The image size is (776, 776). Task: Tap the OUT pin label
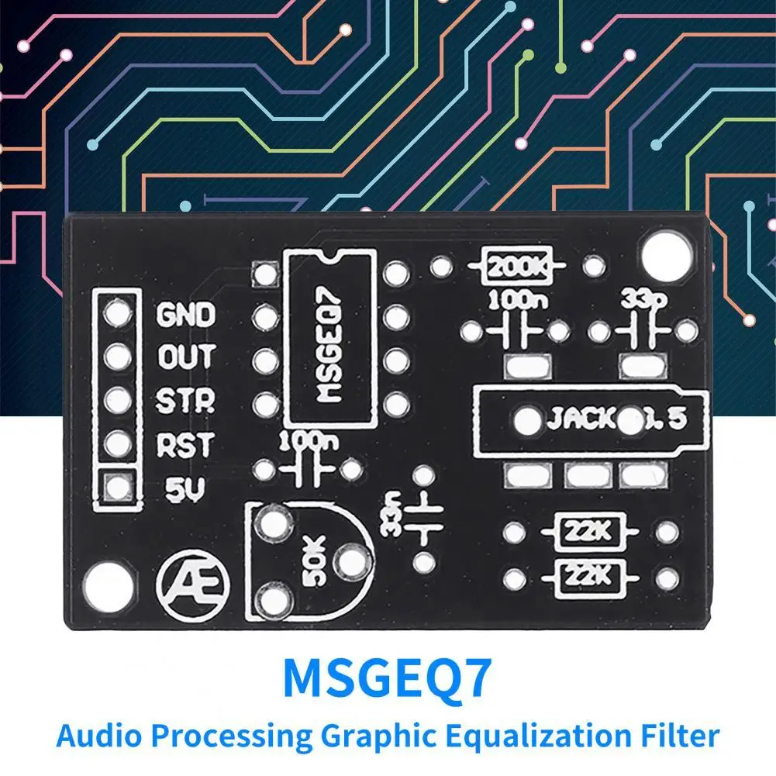tap(186, 357)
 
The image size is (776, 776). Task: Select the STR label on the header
tap(186, 401)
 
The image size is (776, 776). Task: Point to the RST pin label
tap(186, 444)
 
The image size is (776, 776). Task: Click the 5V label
tap(185, 488)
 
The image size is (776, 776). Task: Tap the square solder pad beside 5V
tap(118, 488)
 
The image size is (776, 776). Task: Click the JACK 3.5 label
tap(616, 419)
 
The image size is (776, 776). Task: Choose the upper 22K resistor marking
tap(588, 533)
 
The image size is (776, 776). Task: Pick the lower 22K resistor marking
tap(588, 576)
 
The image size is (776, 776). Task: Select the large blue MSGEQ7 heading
tap(388, 678)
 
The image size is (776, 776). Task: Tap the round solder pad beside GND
tap(118, 314)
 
